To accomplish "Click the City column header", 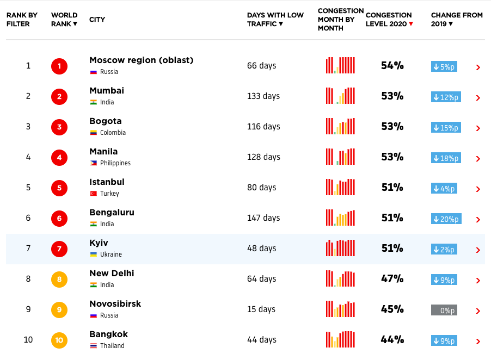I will [97, 20].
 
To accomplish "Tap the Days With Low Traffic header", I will [275, 19].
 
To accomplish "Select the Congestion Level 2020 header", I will [389, 19].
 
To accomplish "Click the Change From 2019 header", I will [456, 19].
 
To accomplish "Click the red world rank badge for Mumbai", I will [59, 97].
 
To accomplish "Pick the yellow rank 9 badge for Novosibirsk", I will [59, 311].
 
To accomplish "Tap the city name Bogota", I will [105, 121].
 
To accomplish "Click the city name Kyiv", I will [99, 243].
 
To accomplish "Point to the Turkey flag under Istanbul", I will [94, 194].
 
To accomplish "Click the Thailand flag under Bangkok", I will [94, 346].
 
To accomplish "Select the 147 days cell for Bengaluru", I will [263, 218].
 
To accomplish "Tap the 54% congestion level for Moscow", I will [392, 66].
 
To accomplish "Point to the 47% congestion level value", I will [392, 279].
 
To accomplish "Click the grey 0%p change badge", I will [444, 311].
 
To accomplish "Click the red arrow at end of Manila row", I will [478, 159].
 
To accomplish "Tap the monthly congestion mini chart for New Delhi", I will [340, 278].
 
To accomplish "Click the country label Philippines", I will [115, 163].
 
